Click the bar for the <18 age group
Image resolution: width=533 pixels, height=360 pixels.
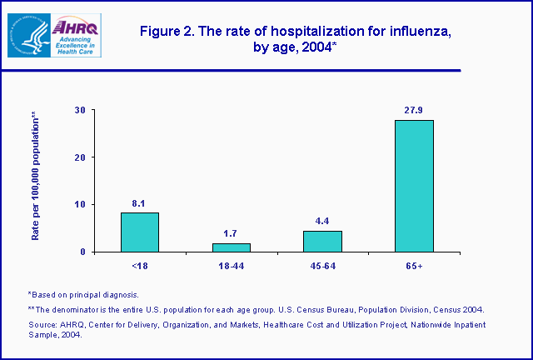(139, 232)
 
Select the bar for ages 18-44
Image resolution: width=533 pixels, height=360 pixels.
(231, 247)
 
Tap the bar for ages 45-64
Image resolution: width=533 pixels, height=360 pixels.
(322, 241)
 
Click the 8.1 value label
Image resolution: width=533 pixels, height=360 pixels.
(139, 202)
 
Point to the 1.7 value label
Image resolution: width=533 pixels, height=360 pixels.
(231, 232)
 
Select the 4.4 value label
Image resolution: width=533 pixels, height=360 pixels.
(322, 220)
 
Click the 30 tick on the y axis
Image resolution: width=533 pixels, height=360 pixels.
(80, 110)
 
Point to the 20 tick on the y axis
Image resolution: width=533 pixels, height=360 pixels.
(80, 157)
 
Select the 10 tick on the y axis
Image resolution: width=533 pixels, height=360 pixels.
(80, 204)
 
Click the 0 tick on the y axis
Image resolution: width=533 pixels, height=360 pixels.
(83, 252)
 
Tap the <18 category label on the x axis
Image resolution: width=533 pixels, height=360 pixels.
(139, 266)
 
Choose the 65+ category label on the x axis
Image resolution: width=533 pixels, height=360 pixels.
(414, 266)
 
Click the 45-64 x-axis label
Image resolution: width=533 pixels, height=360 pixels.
(322, 266)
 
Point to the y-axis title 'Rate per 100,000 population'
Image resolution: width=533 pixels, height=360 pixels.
(36, 176)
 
